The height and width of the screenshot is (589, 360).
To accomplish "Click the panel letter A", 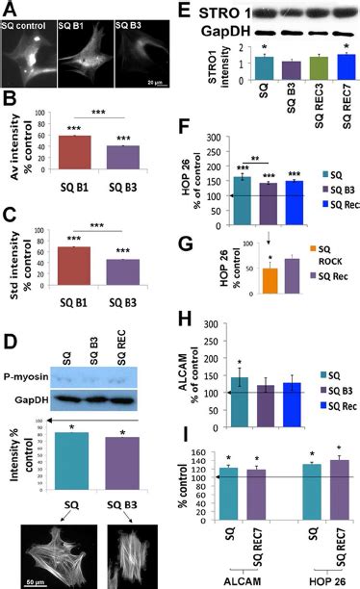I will click(9, 10).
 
